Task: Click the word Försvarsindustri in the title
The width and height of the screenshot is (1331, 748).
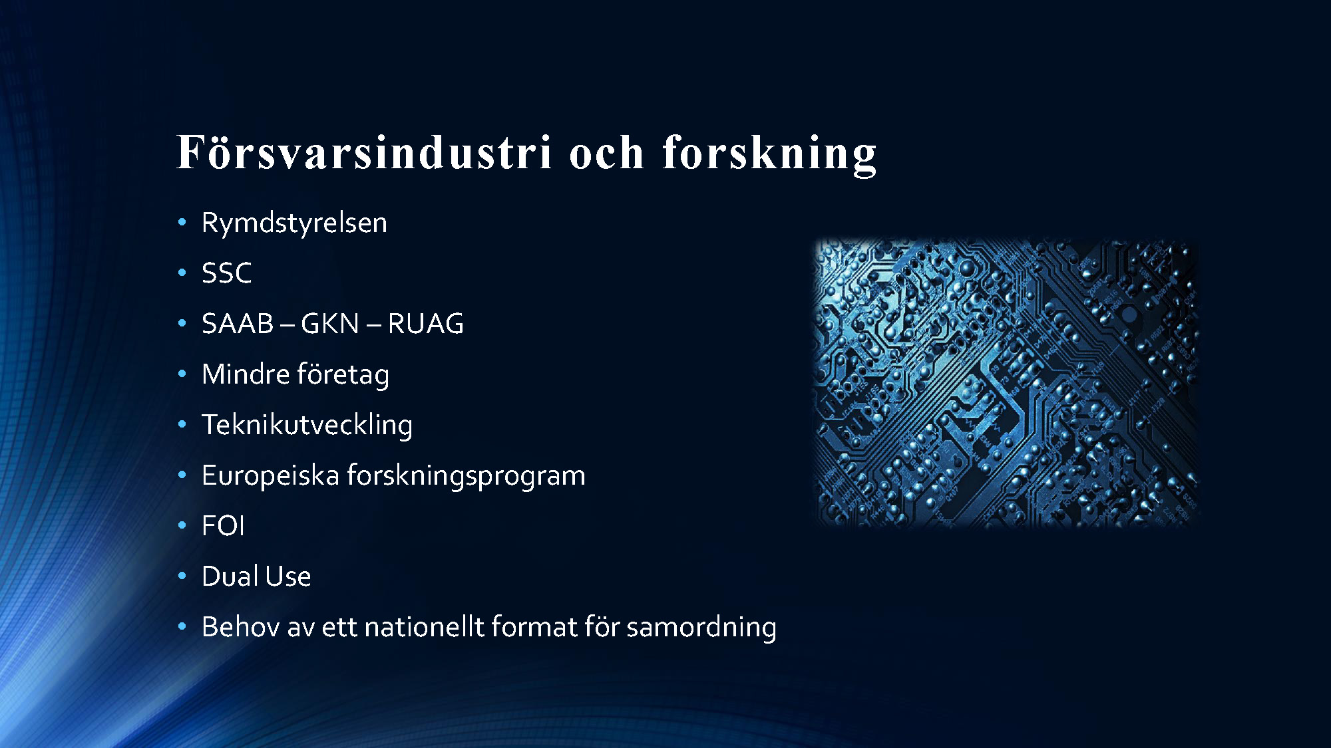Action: pyautogui.click(x=364, y=152)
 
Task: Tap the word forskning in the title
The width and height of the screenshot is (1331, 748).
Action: pyautogui.click(x=769, y=155)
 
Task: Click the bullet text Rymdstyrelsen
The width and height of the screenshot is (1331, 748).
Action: pyautogui.click(x=294, y=223)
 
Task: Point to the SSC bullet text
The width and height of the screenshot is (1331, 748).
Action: pyautogui.click(x=227, y=273)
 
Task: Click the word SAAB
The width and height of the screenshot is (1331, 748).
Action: pyautogui.click(x=238, y=324)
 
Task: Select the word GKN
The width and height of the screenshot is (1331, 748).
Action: pyautogui.click(x=330, y=324)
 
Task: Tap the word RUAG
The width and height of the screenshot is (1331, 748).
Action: pyautogui.click(x=425, y=324)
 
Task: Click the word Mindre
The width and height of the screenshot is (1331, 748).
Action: pyautogui.click(x=246, y=374)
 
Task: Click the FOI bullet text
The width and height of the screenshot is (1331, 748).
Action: pyautogui.click(x=223, y=526)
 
